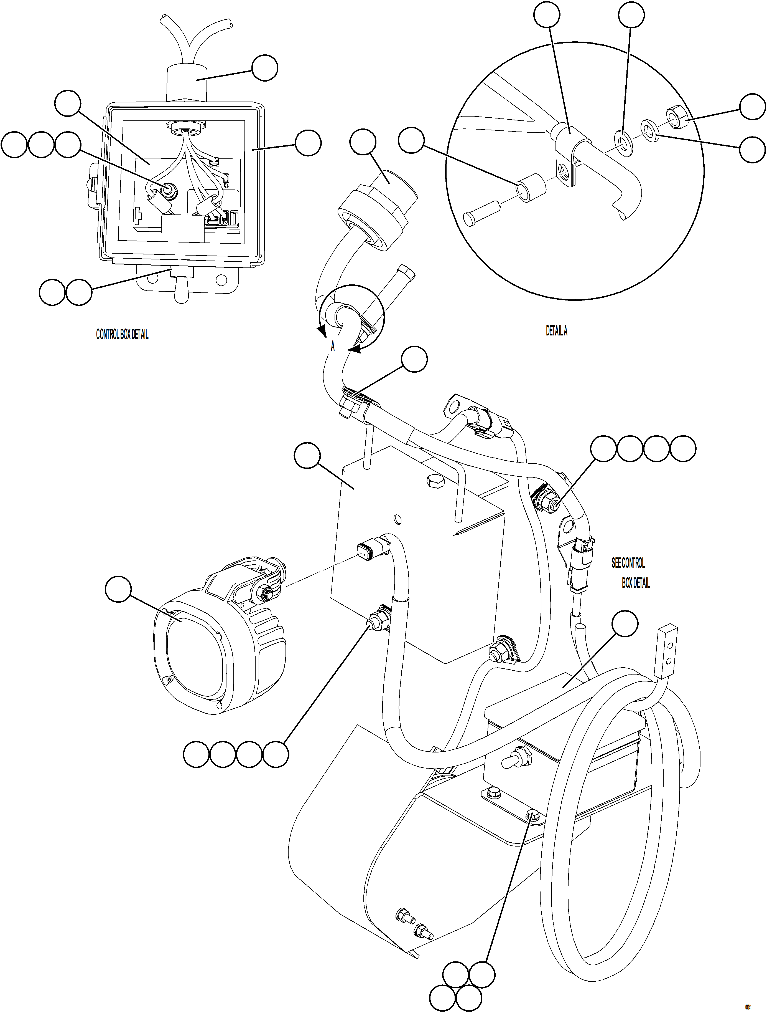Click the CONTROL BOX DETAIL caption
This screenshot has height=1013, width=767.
[122, 335]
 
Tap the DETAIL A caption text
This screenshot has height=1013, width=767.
[557, 331]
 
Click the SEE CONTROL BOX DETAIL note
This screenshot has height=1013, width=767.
[631, 572]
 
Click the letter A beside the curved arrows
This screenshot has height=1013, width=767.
[333, 347]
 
